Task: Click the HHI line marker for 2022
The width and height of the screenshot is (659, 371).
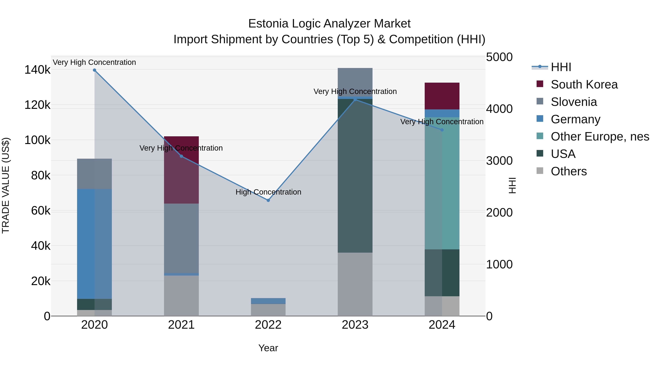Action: [x=268, y=200]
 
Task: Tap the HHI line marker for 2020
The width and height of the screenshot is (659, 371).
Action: [x=94, y=70]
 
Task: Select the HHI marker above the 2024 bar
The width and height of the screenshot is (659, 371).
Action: [x=442, y=130]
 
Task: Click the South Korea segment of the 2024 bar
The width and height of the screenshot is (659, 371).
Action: [x=442, y=96]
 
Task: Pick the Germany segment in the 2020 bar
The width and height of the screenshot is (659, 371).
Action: [x=94, y=243]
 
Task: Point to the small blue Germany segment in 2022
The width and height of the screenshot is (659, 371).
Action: [x=268, y=301]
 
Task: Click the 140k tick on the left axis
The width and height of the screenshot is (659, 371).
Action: [x=37, y=70]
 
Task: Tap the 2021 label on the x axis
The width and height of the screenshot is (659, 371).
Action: [x=181, y=325]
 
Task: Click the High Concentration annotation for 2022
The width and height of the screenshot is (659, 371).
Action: [x=268, y=192]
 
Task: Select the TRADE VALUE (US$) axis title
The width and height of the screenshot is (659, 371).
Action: [x=6, y=185]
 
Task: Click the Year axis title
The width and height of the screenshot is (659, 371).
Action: [x=268, y=348]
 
